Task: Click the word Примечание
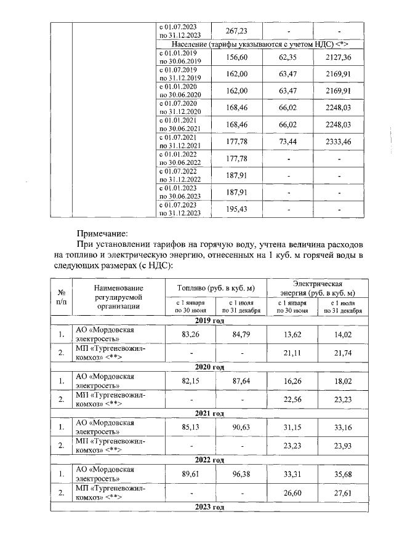(102, 234)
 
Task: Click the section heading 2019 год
(209, 321)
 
